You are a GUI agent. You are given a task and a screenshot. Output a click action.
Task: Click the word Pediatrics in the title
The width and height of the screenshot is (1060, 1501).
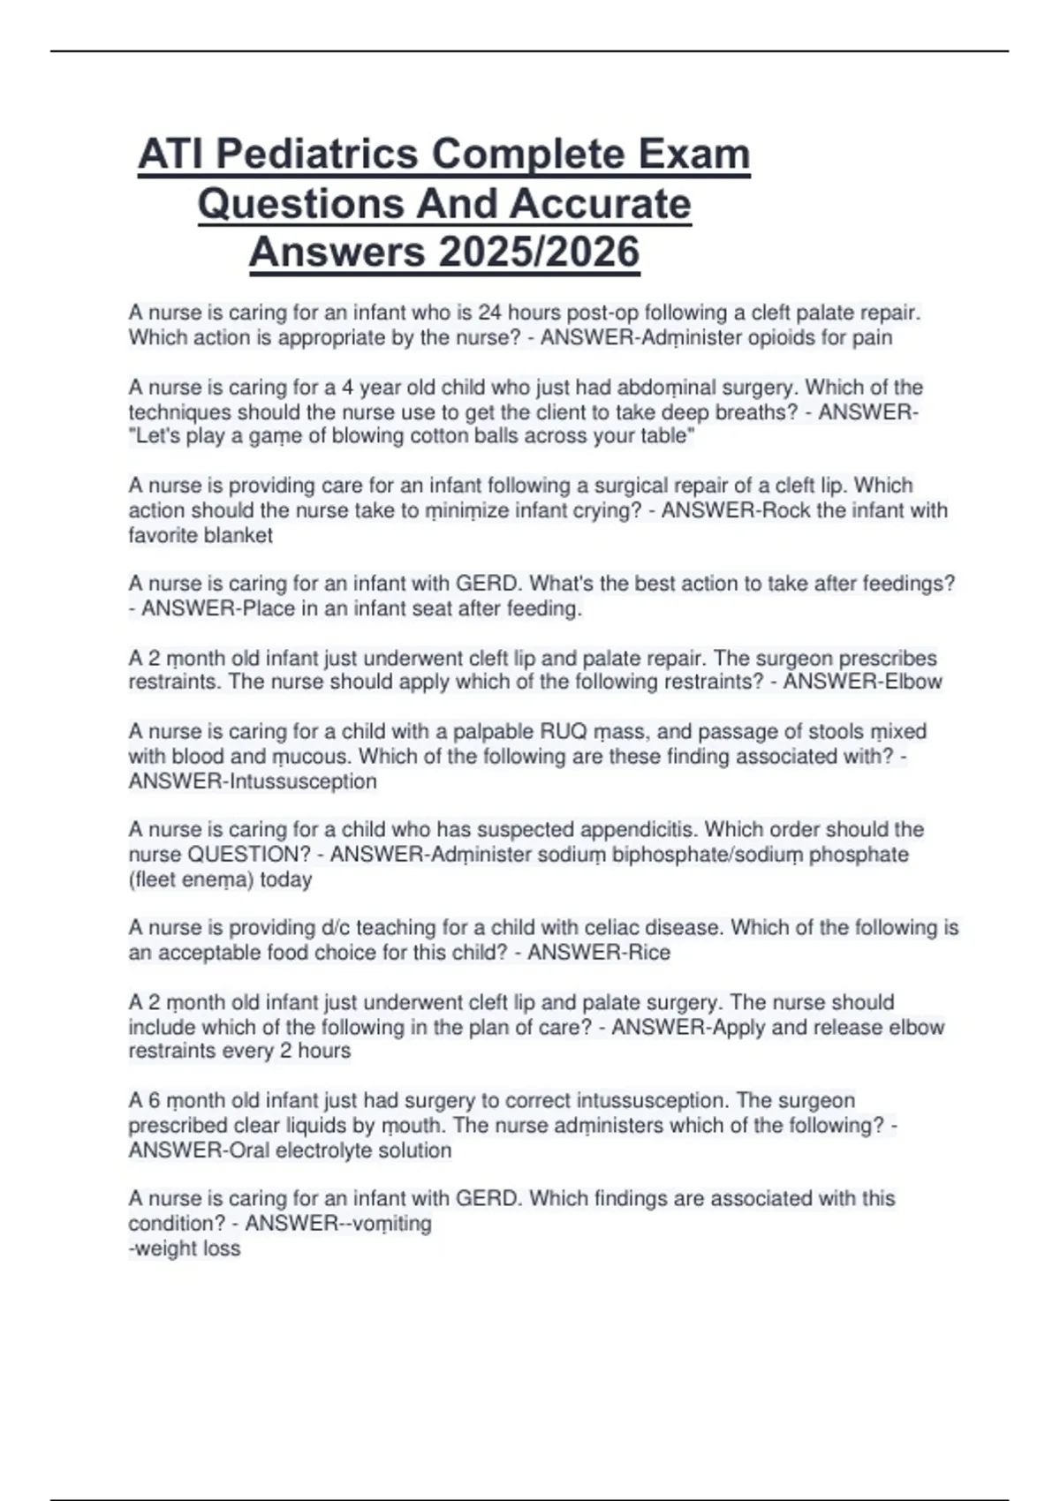[317, 155]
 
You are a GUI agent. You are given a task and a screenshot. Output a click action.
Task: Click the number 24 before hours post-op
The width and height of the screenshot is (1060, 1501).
[489, 313]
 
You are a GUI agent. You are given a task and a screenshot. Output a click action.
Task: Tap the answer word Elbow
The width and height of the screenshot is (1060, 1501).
[913, 683]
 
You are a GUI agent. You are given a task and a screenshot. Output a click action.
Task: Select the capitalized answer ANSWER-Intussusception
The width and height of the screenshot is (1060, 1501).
[253, 781]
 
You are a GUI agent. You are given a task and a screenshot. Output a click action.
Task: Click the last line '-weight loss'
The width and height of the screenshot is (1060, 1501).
[185, 1248]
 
